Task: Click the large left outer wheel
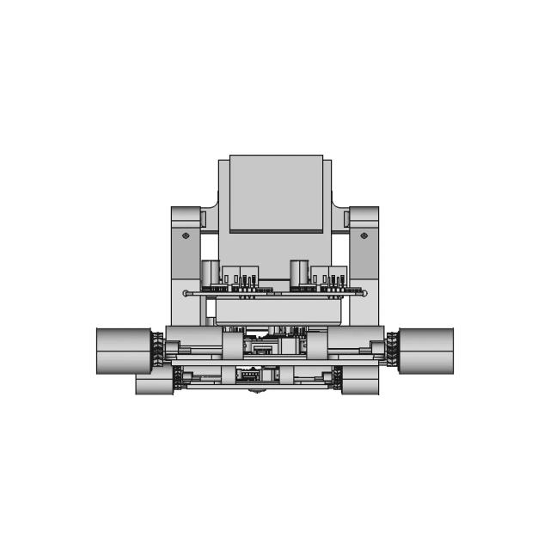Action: click(124, 351)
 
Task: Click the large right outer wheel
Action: click(426, 351)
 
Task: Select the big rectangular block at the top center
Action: click(276, 192)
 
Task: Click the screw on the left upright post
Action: click(186, 235)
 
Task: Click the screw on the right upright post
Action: click(364, 235)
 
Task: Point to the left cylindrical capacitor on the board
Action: click(211, 273)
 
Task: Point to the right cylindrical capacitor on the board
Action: click(300, 273)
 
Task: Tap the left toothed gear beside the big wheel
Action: click(158, 351)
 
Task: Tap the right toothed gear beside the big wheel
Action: click(392, 351)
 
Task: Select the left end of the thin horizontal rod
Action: click(186, 293)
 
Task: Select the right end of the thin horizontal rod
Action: click(364, 293)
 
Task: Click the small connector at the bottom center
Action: click(249, 374)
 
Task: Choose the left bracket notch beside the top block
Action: click(204, 218)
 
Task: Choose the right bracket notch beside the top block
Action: click(347, 218)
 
